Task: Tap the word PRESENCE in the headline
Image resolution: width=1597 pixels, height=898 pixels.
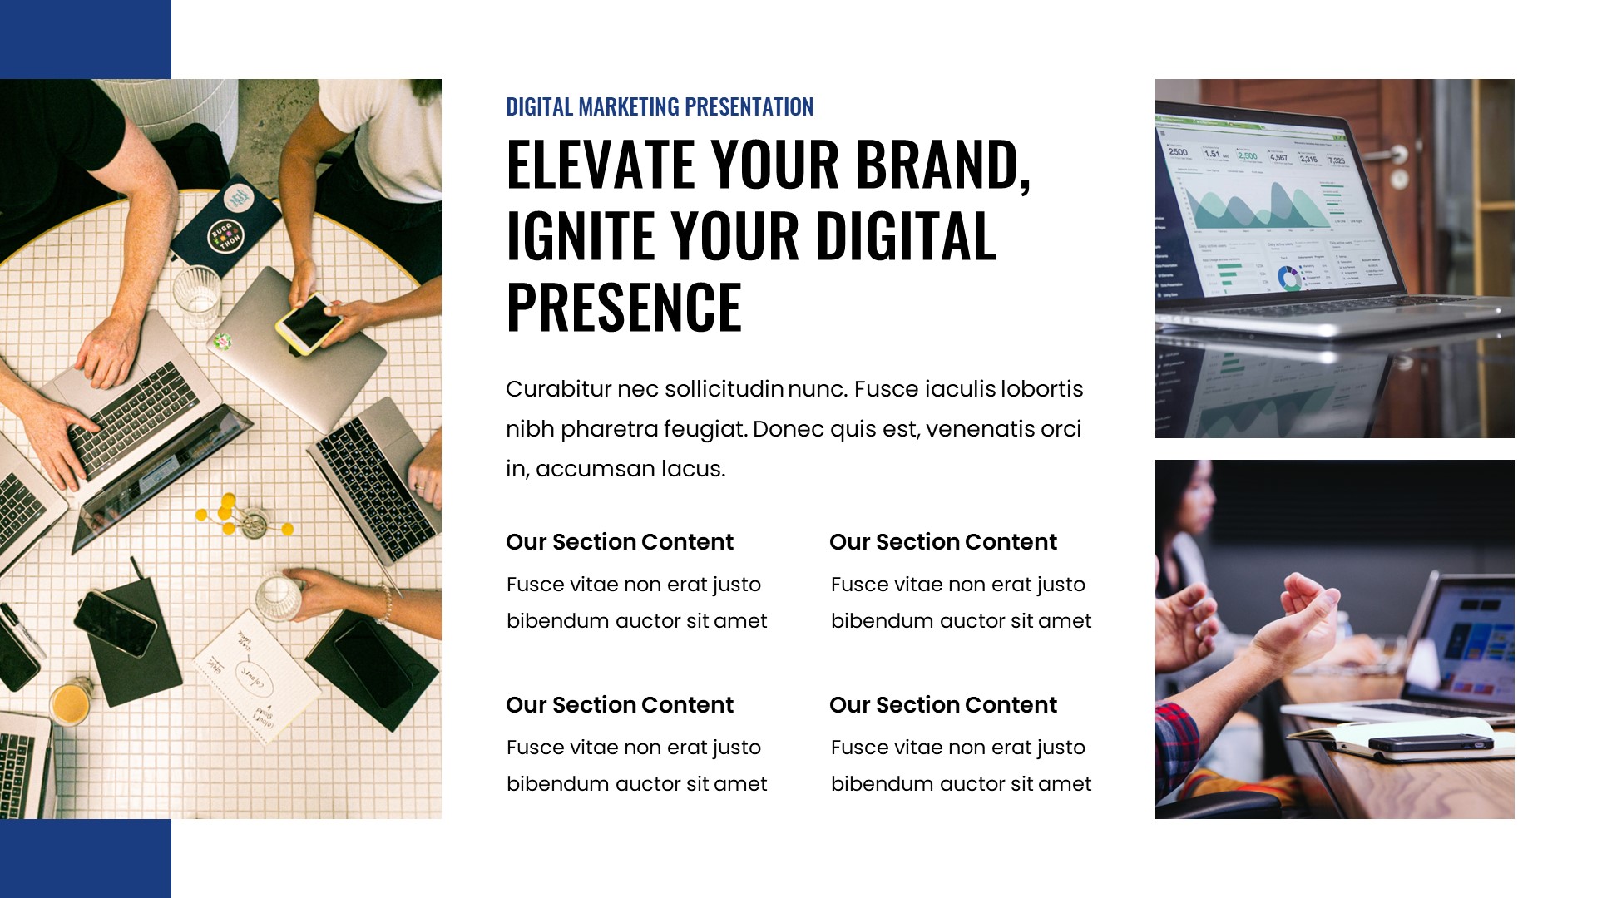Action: (623, 308)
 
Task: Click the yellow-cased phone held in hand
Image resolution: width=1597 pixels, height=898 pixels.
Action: (309, 323)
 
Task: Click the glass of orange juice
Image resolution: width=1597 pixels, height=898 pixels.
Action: (72, 703)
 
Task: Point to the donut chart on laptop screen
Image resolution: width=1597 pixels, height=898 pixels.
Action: (1289, 279)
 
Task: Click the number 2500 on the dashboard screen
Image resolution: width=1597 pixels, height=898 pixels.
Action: (1178, 152)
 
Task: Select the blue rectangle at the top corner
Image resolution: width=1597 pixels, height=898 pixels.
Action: (85, 39)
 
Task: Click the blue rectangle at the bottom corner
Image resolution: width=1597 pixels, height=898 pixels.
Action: (85, 858)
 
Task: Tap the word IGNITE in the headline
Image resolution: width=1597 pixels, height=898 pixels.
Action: (581, 236)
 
